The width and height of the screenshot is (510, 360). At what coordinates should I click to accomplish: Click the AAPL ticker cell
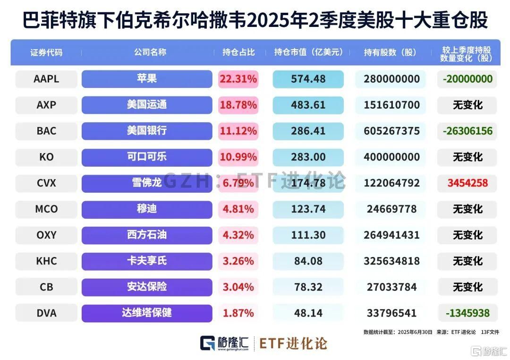click(x=46, y=79)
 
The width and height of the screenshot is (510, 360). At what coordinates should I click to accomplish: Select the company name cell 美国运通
click(x=147, y=105)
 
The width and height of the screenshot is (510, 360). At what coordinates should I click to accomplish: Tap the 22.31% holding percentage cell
click(x=238, y=79)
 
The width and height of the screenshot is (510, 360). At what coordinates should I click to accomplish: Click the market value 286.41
click(x=308, y=131)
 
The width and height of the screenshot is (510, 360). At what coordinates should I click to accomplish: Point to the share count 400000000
click(x=391, y=157)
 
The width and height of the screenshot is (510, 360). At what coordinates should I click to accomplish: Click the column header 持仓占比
click(x=238, y=52)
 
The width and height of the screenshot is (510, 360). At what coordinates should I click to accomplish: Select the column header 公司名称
click(x=147, y=52)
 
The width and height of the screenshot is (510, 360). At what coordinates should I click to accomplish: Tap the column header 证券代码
click(x=46, y=52)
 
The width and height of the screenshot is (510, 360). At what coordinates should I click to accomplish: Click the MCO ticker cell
click(x=46, y=209)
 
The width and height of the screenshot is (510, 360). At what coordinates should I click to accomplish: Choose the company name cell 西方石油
click(x=147, y=235)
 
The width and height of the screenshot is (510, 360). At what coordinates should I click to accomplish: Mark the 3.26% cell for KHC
click(x=238, y=261)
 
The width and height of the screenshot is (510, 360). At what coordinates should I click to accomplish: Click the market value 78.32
click(x=308, y=287)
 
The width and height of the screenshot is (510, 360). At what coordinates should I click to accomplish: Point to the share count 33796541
click(x=391, y=313)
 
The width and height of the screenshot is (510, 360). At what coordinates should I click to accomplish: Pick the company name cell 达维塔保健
click(x=147, y=313)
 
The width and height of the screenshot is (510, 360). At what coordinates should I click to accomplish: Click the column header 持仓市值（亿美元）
click(x=308, y=52)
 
